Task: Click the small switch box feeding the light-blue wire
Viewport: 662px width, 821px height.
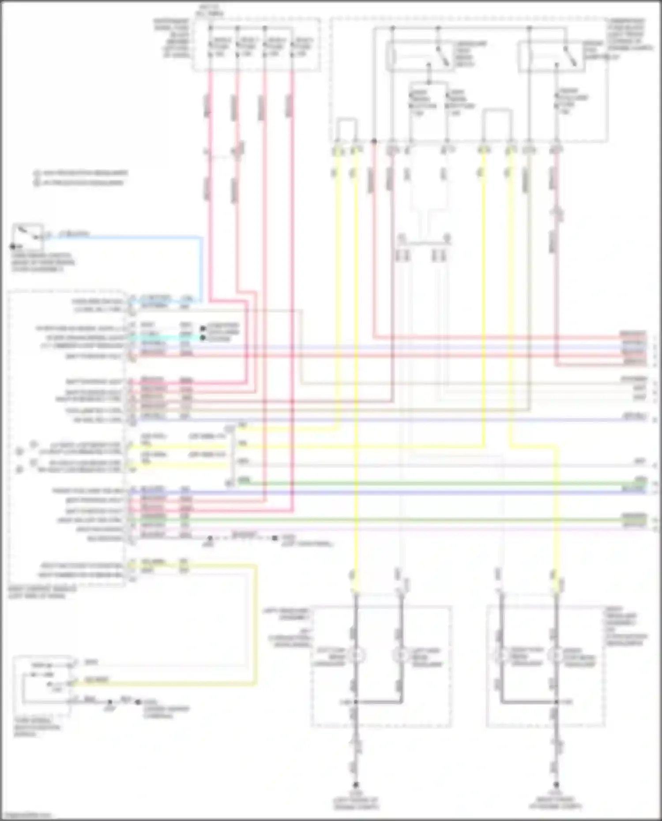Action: click(28, 236)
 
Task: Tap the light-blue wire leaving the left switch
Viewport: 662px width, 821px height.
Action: click(132, 238)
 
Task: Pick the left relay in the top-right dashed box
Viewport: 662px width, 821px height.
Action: click(418, 56)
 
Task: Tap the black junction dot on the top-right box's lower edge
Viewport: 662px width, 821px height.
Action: click(374, 141)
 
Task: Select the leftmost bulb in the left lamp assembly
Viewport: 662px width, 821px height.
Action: click(356, 656)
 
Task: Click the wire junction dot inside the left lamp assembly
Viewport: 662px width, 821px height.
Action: click(356, 701)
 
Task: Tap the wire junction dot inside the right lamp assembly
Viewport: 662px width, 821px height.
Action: click(556, 701)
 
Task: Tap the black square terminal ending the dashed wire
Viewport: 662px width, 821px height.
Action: click(275, 538)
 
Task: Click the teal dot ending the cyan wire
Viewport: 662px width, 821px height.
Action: click(203, 338)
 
